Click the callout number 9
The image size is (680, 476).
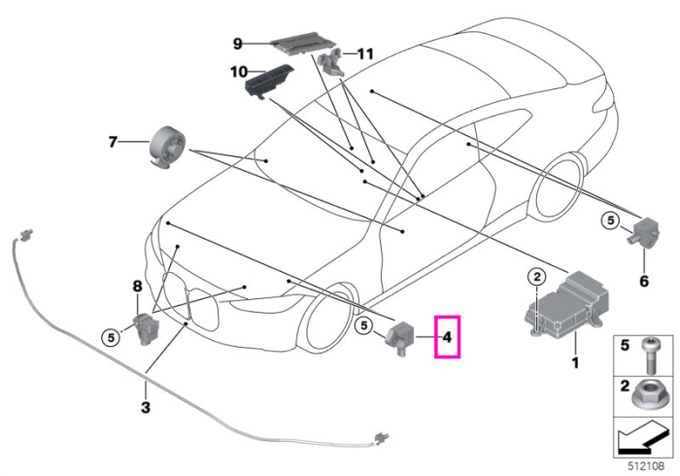tap(238, 44)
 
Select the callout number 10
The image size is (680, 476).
tap(239, 72)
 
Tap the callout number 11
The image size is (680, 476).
tap(365, 54)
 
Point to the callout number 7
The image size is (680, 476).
tap(113, 142)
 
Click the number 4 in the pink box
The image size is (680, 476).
tap(447, 337)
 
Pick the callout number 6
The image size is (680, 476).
tap(644, 282)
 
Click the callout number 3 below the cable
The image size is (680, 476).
tap(146, 407)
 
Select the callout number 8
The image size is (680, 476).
tap(137, 287)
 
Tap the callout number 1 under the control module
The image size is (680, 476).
tap(575, 362)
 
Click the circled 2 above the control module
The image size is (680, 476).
tap(537, 276)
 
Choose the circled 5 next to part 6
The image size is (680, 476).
tap(611, 221)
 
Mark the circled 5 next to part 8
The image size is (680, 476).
tap(111, 337)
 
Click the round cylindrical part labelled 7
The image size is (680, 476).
tap(167, 147)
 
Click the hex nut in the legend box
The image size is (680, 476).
tap(647, 396)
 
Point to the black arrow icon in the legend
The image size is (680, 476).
tap(643, 439)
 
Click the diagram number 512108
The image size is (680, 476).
tap(647, 466)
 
